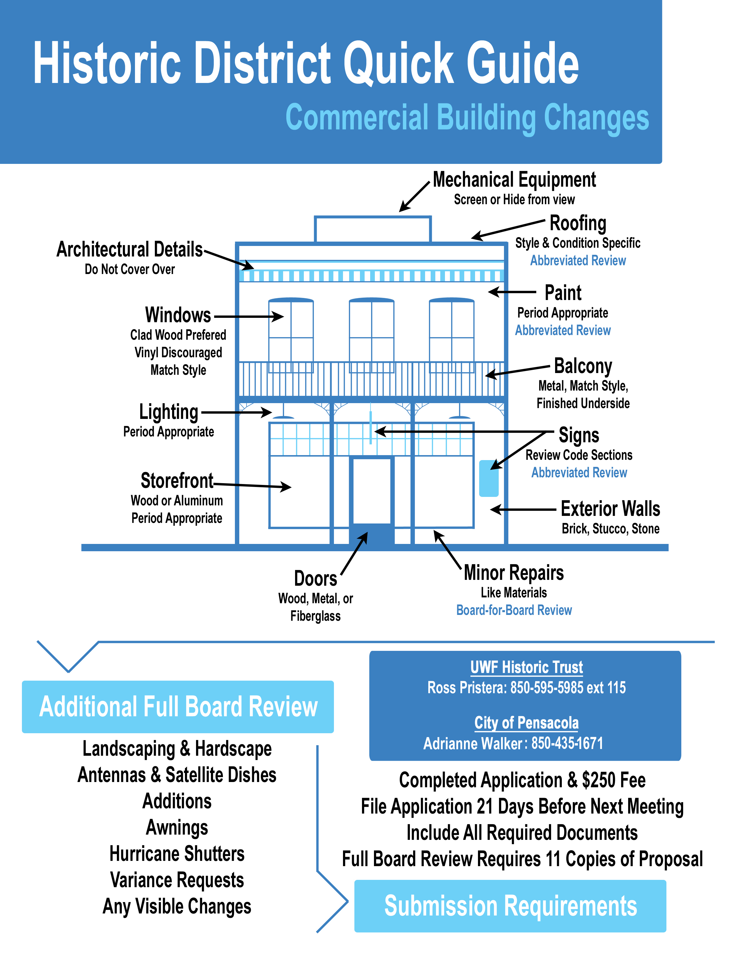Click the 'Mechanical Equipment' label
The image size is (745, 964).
[x=514, y=180]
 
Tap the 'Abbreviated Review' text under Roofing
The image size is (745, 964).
[x=578, y=260]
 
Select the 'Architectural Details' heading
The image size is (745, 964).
[x=129, y=249]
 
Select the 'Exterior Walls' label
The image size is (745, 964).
[x=610, y=509]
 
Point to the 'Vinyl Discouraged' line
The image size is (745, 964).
[x=178, y=352]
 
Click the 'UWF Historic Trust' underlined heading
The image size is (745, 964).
[x=526, y=667]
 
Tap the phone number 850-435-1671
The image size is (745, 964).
[x=567, y=743]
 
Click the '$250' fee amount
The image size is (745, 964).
[x=596, y=780]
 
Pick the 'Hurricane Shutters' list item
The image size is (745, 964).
[x=177, y=854]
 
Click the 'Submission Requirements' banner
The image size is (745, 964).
[x=510, y=906]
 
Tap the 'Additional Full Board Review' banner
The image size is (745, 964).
[x=178, y=707]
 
